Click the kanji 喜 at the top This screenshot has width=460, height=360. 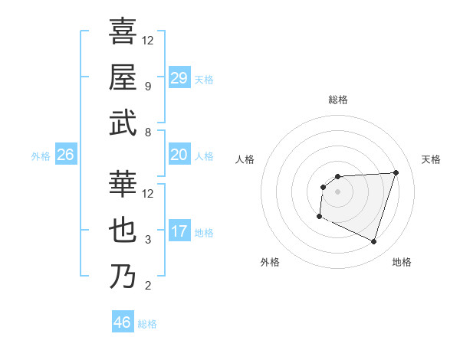123,31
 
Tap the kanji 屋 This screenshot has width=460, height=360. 123,77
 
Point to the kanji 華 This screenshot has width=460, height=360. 123,185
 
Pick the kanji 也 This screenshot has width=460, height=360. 123,231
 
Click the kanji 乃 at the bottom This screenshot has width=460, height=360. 123,277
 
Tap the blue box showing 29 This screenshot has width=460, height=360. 179,77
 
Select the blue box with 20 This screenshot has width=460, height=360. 179,155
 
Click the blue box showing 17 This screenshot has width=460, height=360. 179,231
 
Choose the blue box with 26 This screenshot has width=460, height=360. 65,155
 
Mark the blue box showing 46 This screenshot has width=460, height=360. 123,322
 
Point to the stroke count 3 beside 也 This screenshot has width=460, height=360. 148,240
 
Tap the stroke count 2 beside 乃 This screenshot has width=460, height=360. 148,286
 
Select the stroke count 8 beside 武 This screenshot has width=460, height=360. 148,133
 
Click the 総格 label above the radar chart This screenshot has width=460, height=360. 338,100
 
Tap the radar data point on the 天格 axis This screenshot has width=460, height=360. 396,172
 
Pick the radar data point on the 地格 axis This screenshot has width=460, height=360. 374,242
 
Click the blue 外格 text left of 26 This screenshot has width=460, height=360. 41,155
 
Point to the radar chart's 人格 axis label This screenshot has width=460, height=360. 245,159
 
